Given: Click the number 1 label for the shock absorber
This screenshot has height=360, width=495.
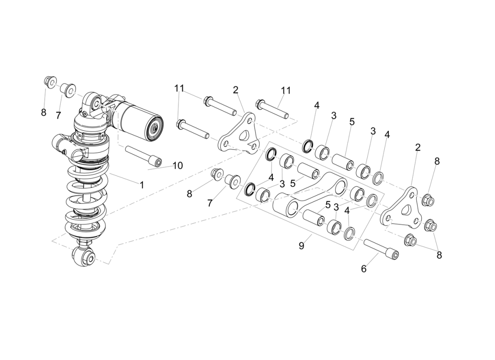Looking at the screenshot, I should click(141, 184).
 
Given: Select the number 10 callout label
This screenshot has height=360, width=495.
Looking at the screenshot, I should click(177, 166).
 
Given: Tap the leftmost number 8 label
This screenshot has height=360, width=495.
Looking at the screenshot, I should click(44, 112).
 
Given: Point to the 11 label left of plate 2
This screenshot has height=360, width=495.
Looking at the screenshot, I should click(180, 89).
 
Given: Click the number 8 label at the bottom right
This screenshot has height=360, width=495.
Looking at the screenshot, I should click(439, 255).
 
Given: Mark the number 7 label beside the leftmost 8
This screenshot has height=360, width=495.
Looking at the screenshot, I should click(58, 116).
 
